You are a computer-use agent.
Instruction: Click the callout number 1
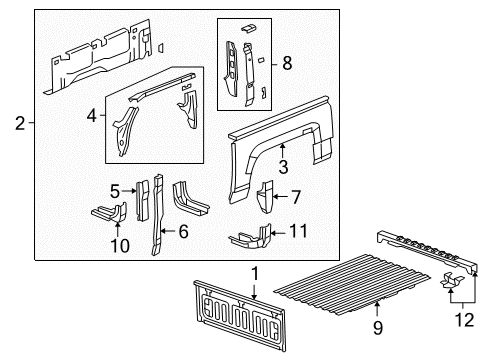pos(254,273)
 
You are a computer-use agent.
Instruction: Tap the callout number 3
pos(283,167)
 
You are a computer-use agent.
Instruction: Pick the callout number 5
pos(115,189)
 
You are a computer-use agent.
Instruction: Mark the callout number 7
pos(295,194)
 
